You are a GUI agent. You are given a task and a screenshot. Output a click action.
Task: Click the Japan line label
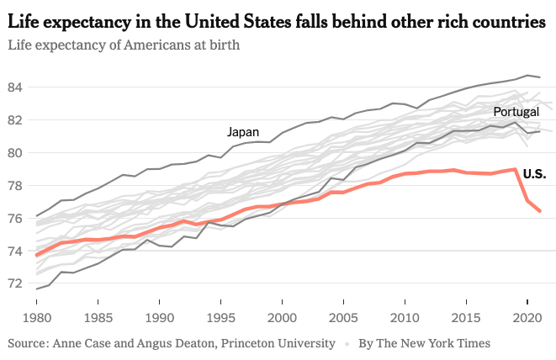(x=243, y=132)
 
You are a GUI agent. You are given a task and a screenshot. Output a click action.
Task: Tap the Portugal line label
(x=516, y=112)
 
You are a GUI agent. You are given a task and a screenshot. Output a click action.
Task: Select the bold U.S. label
(x=534, y=174)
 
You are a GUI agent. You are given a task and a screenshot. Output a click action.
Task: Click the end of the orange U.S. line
(x=539, y=210)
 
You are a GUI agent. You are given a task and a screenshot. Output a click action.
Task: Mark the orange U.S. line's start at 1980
(x=37, y=254)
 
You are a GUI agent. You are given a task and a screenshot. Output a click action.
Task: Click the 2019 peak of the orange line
(x=515, y=169)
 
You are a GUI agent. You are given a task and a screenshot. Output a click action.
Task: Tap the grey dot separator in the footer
(x=347, y=343)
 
